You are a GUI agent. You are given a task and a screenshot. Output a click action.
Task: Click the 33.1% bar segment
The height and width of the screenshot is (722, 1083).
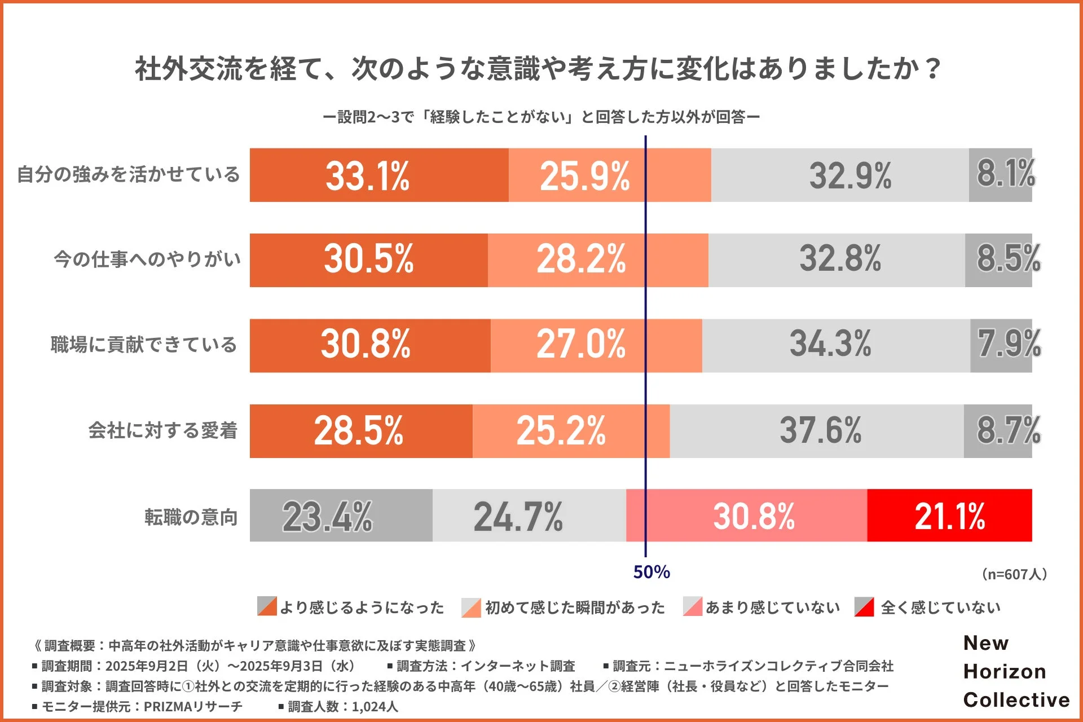pyautogui.click(x=379, y=175)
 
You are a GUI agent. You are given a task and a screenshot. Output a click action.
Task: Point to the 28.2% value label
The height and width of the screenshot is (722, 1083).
pyautogui.click(x=581, y=259)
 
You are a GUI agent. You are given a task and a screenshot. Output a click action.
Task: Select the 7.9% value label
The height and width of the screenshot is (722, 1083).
pyautogui.click(x=1009, y=344)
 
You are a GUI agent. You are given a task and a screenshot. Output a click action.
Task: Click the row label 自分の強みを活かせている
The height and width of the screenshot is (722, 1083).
pyautogui.click(x=129, y=174)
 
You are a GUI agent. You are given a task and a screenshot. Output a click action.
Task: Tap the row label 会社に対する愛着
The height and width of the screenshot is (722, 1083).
pyautogui.click(x=162, y=431)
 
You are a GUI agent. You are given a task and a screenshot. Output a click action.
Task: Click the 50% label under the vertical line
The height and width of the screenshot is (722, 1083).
pyautogui.click(x=651, y=573)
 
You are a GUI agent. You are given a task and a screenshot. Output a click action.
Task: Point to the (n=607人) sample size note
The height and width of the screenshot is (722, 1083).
pyautogui.click(x=1014, y=574)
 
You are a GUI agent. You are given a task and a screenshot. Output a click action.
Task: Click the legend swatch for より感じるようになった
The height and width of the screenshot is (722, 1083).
pyautogui.click(x=267, y=606)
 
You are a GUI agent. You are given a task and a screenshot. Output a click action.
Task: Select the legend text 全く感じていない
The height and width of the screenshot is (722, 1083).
pyautogui.click(x=940, y=607)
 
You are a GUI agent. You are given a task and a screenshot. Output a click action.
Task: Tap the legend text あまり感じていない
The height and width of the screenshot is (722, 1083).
pyautogui.click(x=772, y=607)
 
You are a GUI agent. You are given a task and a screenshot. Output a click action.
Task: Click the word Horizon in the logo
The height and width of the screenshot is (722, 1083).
pyautogui.click(x=1005, y=671)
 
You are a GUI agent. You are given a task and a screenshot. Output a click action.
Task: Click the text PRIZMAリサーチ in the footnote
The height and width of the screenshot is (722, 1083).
pyautogui.click(x=193, y=706)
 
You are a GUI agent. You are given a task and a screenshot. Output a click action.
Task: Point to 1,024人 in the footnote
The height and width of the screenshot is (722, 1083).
pyautogui.click(x=375, y=706)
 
